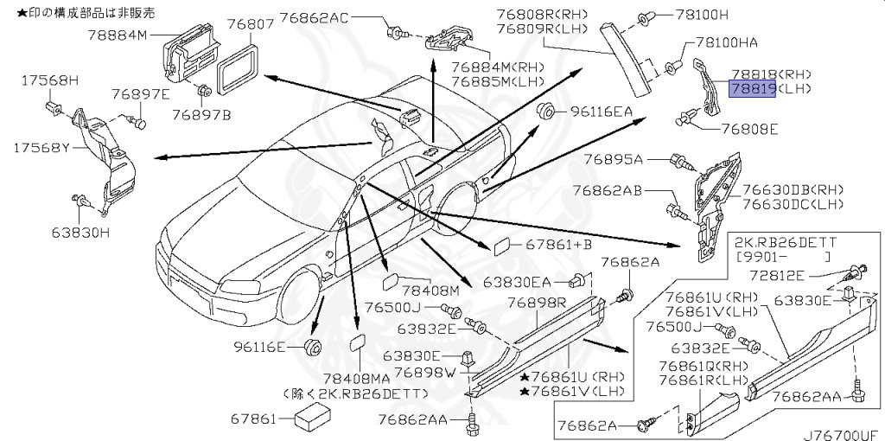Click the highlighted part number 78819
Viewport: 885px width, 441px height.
point(753,89)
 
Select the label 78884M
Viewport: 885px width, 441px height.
point(118,35)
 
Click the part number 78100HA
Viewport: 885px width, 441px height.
point(726,43)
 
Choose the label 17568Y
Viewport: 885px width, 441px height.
point(41,148)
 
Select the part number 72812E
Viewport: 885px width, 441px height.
point(778,276)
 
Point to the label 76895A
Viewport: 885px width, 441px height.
point(614,160)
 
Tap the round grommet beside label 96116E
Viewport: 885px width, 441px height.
point(311,347)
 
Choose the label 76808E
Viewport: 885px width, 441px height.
point(749,130)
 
